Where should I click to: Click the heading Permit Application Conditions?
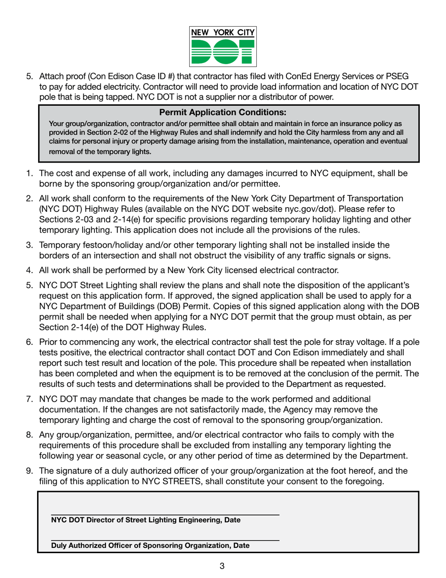point(223,112)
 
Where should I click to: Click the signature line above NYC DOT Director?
point(165,515)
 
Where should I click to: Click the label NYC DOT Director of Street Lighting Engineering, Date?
point(146,520)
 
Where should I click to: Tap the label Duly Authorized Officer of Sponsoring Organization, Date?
point(150,546)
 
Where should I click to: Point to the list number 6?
point(29,343)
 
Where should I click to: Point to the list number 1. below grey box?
point(29,173)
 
